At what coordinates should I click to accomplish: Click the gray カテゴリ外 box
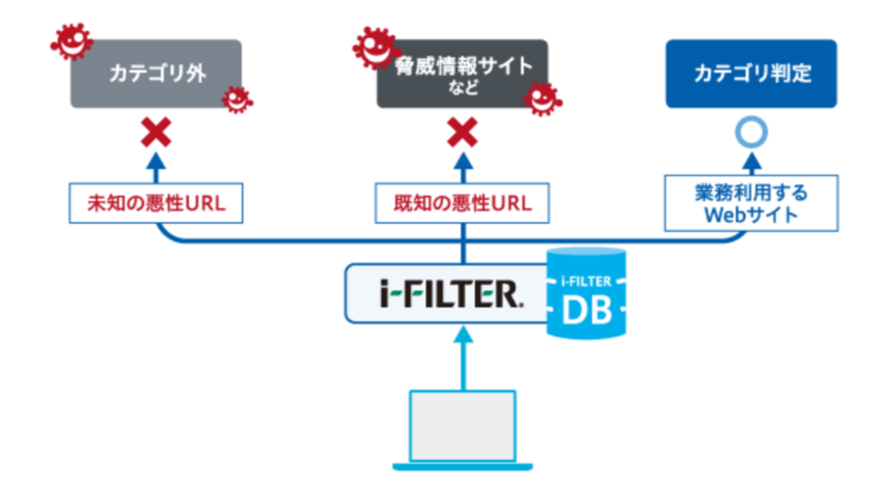point(156,73)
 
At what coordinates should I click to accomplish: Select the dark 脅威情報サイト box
point(462,73)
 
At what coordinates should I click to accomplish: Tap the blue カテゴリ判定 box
point(752,73)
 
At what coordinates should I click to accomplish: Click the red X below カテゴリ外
point(157,134)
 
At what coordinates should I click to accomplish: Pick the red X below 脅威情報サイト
point(463,134)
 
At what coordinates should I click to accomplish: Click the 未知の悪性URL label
point(156,203)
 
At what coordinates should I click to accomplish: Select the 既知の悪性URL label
point(462,203)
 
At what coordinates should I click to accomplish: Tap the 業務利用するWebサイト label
point(753,203)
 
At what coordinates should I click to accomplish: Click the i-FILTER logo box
point(445,292)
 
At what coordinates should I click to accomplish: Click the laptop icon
point(463,428)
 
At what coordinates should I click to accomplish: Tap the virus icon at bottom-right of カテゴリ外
point(237,98)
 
